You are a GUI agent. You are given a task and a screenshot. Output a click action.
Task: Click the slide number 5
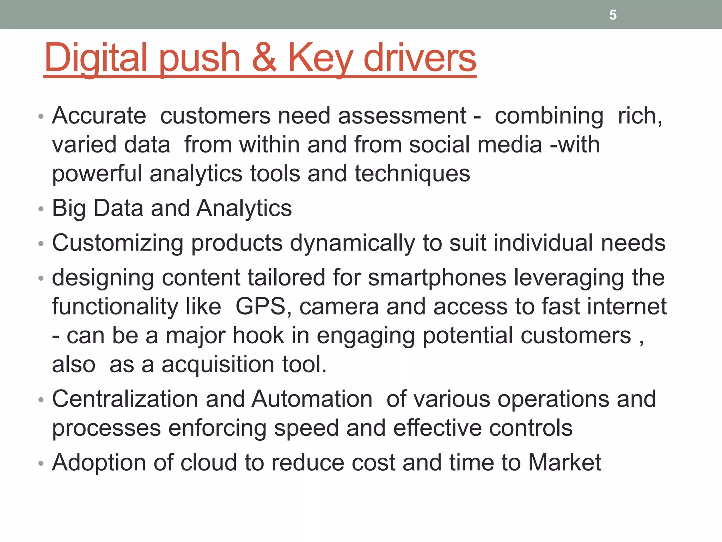[x=613, y=15]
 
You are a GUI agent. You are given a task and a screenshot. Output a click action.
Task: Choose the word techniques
[x=412, y=174]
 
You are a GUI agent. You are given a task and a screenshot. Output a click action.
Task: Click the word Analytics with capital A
[x=244, y=208]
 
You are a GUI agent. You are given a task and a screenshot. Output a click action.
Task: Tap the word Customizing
[x=118, y=243]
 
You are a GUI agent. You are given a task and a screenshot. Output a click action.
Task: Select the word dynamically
[x=352, y=243]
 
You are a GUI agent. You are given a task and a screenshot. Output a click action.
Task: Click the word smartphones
[x=437, y=278]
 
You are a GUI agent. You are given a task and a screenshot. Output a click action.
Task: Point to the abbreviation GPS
[x=260, y=306]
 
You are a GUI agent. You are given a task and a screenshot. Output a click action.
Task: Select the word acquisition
[x=218, y=364]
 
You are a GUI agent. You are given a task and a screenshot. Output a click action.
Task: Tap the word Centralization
[x=125, y=399]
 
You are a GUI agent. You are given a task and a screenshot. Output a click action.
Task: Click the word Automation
[x=312, y=399]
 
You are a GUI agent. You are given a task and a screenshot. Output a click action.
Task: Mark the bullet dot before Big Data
[x=41, y=209]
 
